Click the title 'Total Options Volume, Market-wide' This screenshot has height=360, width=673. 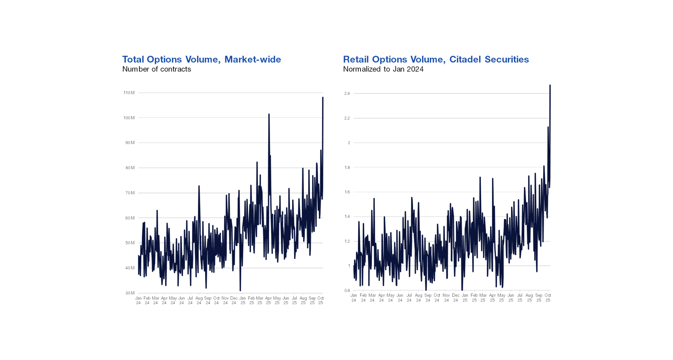[x=201, y=59]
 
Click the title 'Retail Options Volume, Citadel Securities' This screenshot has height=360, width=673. [x=436, y=59]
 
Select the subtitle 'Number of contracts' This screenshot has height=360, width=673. [x=157, y=69]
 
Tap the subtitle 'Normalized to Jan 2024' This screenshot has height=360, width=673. [x=383, y=69]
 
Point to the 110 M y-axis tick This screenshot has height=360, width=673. [x=129, y=93]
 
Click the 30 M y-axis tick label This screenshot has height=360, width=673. [x=130, y=293]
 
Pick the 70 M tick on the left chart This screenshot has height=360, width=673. [x=130, y=193]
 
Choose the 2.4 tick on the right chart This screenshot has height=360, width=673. [x=347, y=93]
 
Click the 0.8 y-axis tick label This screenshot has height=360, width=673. [x=347, y=291]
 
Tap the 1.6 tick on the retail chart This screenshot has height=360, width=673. [x=347, y=192]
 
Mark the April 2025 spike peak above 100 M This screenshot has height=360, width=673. [x=269, y=114]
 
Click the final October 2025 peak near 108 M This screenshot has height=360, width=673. [x=323, y=98]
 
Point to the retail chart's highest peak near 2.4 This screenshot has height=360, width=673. [x=550, y=85]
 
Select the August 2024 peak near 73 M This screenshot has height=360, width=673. [x=199, y=186]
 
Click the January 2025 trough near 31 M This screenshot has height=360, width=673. [x=240, y=290]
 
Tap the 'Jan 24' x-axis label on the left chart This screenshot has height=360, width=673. [x=138, y=300]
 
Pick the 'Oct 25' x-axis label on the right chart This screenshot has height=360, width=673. [x=548, y=298]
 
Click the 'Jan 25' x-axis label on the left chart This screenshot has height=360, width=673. [x=243, y=300]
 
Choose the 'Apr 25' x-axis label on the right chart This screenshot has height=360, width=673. [x=492, y=298]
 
